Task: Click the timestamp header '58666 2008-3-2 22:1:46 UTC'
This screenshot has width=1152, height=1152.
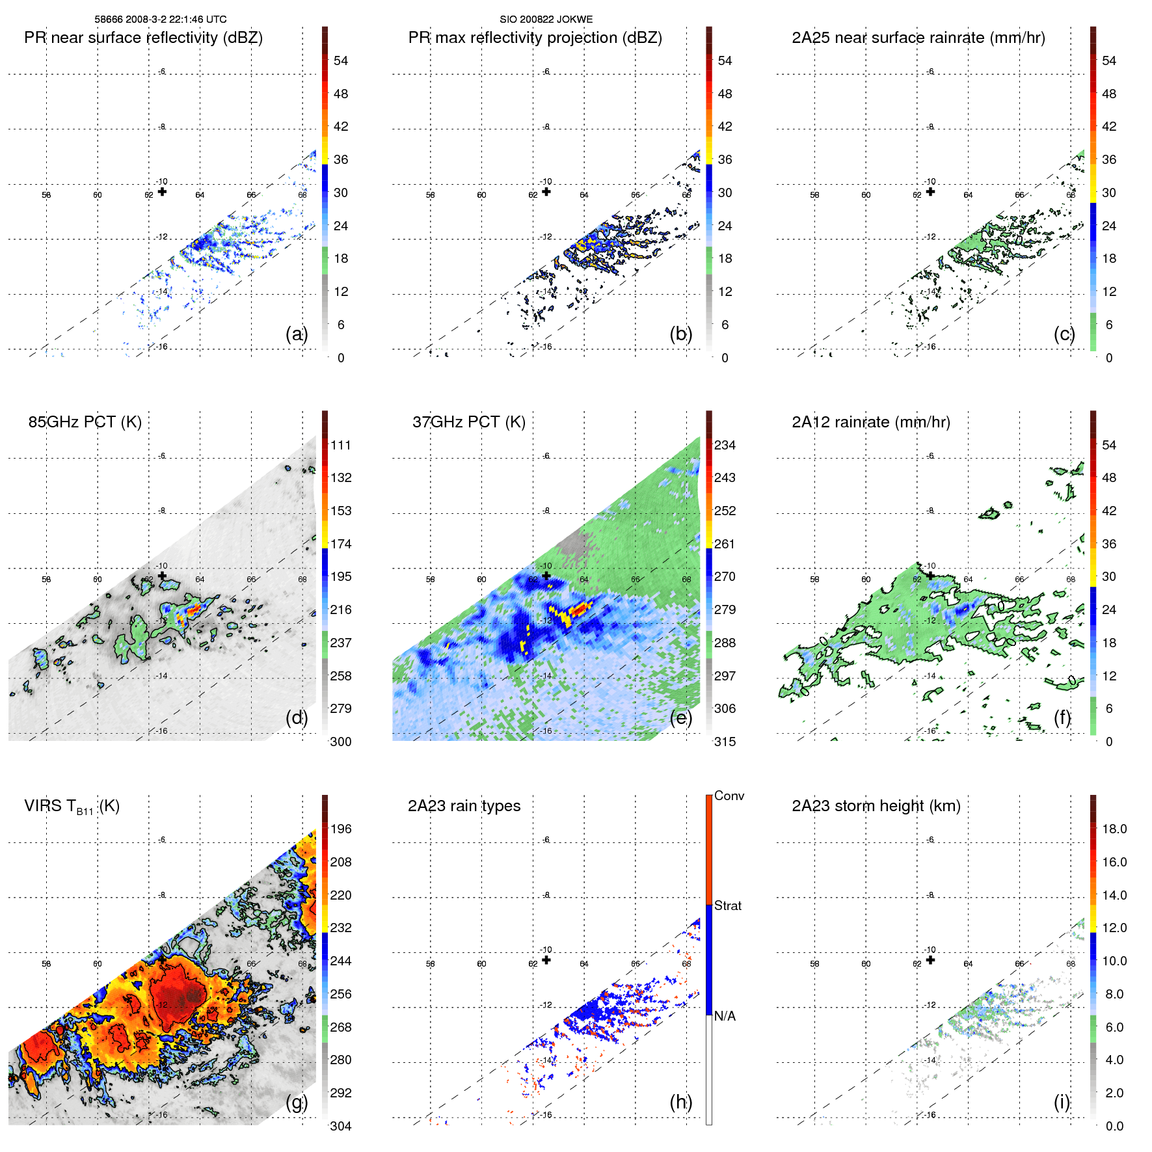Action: click(161, 20)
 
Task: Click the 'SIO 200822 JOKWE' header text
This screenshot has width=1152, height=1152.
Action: click(546, 20)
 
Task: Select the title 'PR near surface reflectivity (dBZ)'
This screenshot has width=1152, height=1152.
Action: click(143, 38)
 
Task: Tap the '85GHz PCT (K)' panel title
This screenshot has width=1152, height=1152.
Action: click(85, 422)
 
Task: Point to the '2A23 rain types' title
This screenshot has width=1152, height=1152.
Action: click(464, 806)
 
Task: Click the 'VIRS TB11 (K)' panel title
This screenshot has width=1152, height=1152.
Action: click(72, 807)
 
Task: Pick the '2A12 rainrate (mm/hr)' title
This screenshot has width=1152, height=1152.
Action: click(870, 422)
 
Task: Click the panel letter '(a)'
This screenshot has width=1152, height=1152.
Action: click(296, 334)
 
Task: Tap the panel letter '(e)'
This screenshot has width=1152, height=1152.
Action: click(680, 717)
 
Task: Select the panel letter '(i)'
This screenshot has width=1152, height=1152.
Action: click(1062, 1102)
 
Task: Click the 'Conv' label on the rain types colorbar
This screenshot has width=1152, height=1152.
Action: click(729, 796)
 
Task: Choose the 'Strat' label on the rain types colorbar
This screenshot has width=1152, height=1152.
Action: click(727, 905)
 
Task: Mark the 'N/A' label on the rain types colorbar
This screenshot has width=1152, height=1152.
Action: click(725, 1016)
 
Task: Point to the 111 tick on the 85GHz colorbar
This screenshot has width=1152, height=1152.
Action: click(341, 445)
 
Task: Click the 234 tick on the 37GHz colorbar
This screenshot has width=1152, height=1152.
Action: click(725, 445)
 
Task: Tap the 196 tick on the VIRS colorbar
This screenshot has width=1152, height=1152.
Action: click(341, 829)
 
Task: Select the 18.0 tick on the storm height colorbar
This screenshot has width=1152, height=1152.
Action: click(1114, 829)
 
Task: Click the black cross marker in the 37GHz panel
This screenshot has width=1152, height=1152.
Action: click(546, 576)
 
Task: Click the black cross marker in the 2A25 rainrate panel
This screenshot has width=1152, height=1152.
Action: click(930, 191)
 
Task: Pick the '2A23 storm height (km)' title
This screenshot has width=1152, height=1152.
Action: click(876, 806)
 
